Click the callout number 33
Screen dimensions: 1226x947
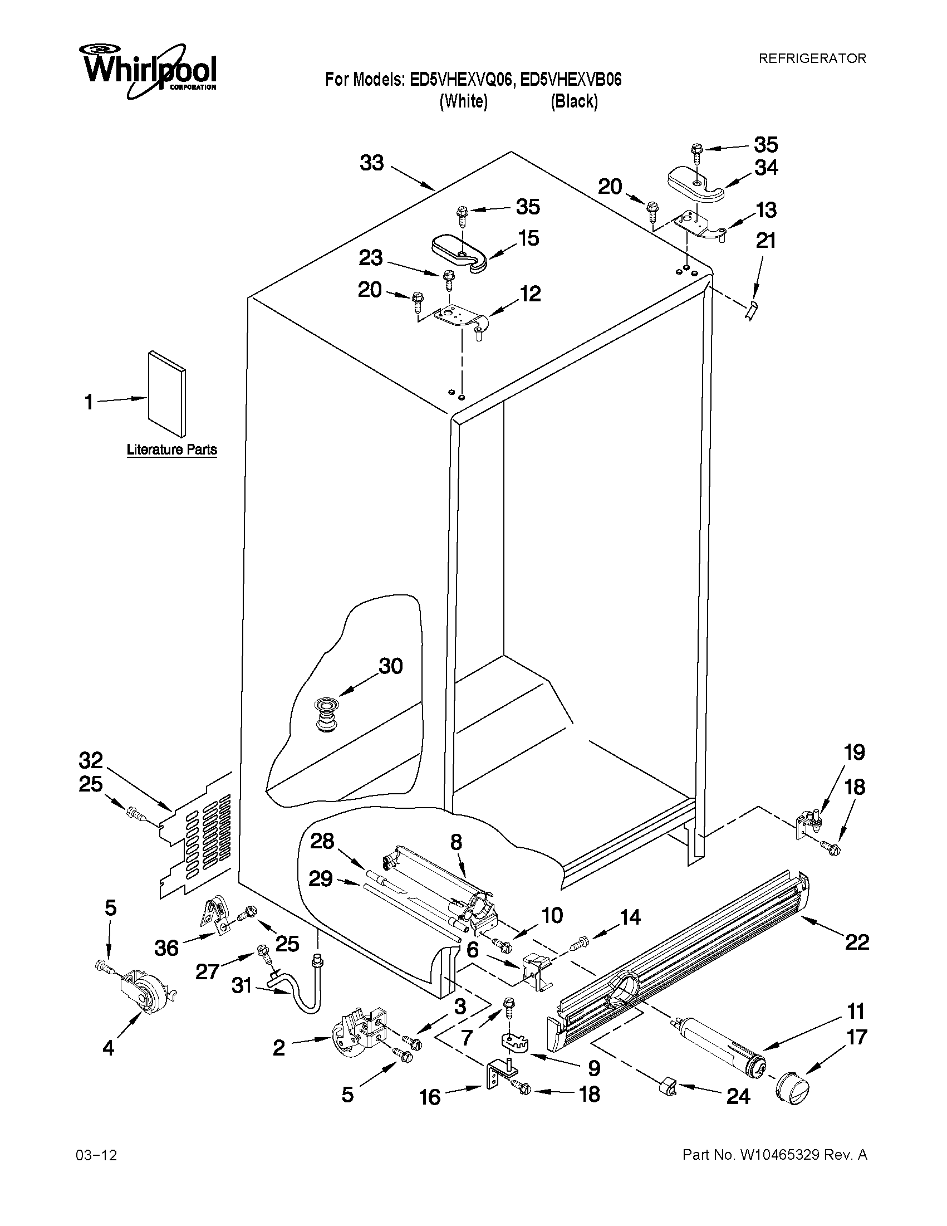(371, 163)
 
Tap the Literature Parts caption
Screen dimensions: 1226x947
(171, 450)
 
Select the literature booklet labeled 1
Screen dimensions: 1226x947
(166, 394)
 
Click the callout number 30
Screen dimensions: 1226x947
(390, 666)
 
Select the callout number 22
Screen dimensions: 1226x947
(857, 941)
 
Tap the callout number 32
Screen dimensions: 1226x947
(91, 761)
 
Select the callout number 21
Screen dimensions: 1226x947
(766, 241)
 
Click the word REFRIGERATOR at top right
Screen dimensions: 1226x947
(812, 58)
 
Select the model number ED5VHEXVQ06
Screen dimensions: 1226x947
(461, 80)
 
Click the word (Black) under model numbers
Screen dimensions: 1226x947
(574, 101)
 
